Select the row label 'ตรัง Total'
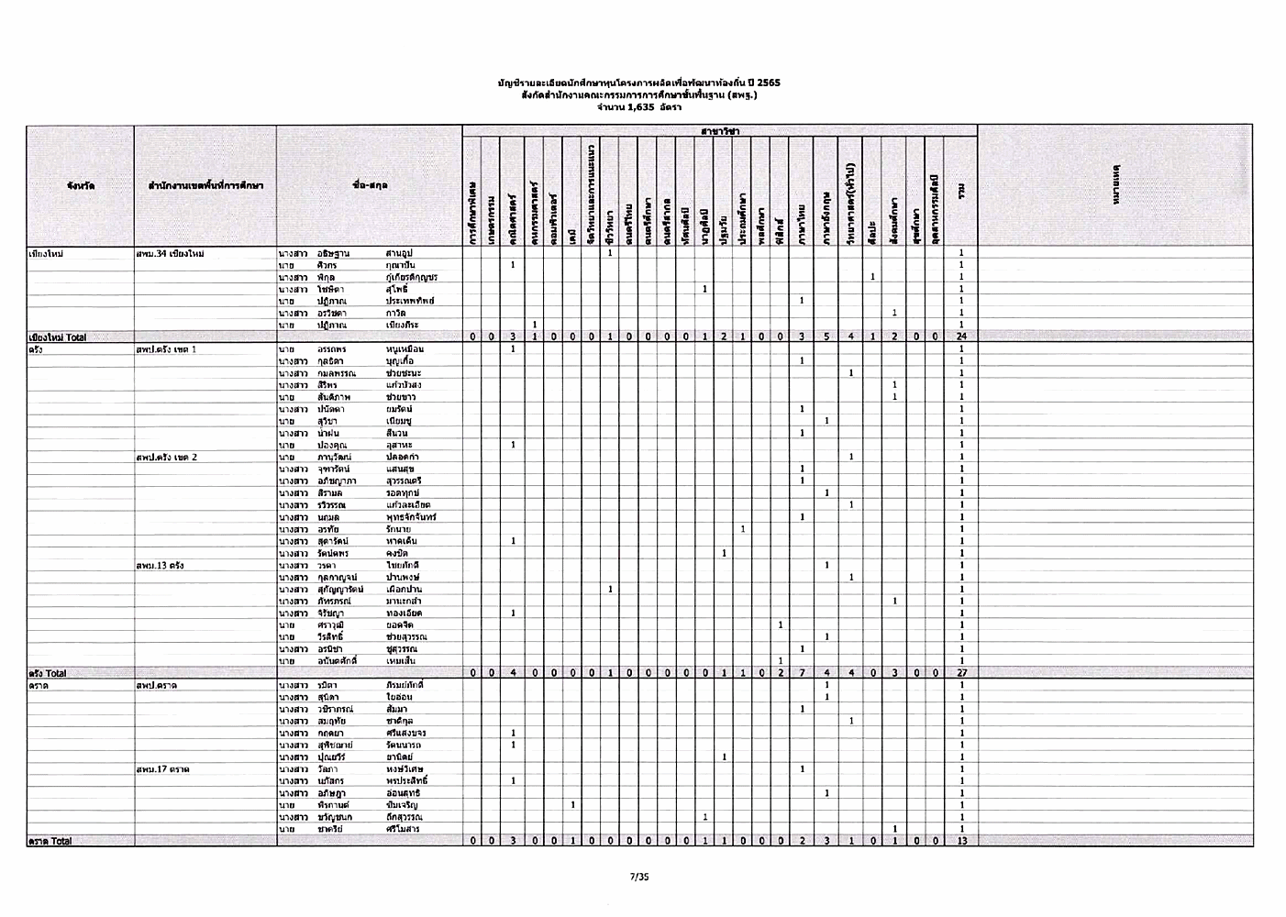[47, 673]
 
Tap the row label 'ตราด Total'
[50, 841]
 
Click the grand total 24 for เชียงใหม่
[959, 337]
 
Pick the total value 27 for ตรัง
[959, 673]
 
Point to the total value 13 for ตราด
[959, 841]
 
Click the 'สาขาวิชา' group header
[720, 132]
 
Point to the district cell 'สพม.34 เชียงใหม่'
[170, 253]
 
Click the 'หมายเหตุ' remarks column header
[1115, 186]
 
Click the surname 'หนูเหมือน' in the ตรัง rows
[405, 349]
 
